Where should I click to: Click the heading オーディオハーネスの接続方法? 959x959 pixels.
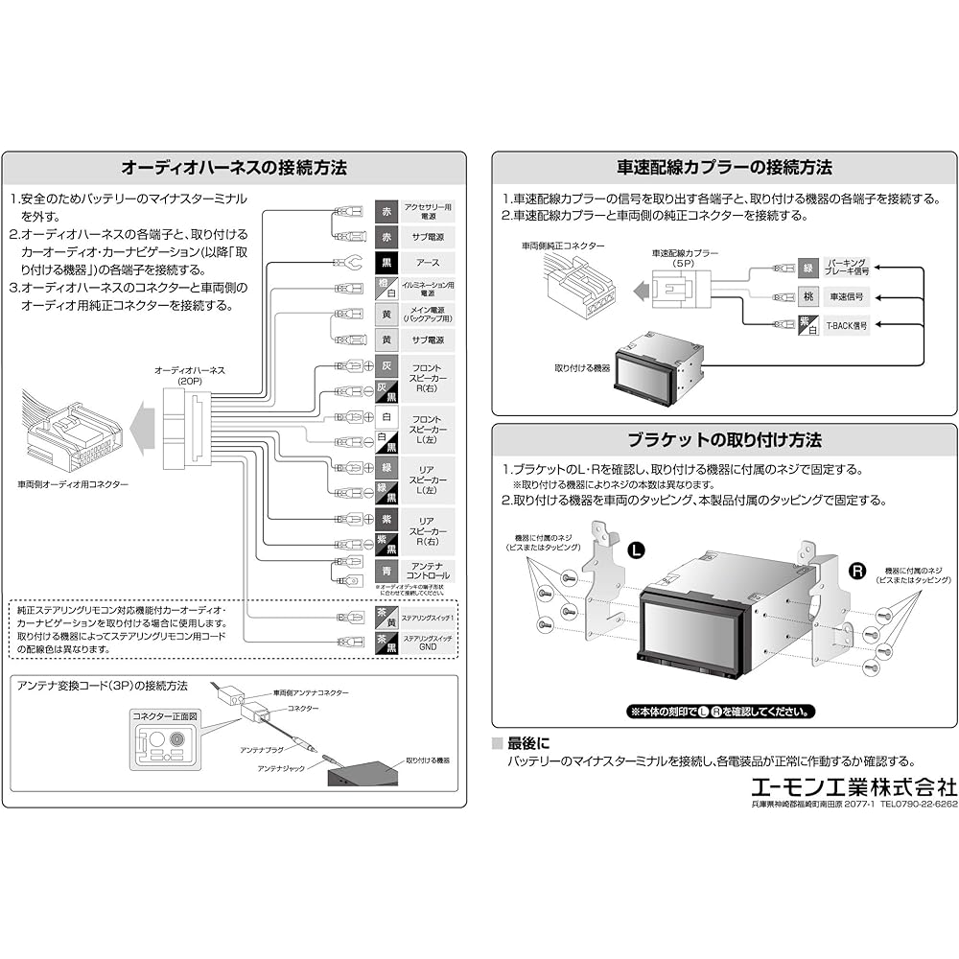coord(234,168)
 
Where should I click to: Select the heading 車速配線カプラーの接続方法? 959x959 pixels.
coord(725,168)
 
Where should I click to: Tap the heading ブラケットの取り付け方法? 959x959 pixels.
coord(725,440)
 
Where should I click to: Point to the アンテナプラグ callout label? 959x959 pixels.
coord(262,752)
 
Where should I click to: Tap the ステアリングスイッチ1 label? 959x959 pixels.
coord(428,620)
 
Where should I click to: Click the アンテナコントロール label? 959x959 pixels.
coord(428,570)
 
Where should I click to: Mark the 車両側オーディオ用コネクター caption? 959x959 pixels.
coord(73,485)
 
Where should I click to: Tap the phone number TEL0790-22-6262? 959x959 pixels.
coord(919,804)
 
